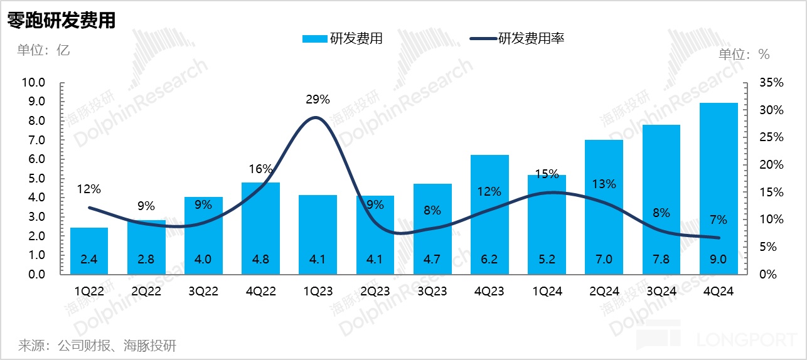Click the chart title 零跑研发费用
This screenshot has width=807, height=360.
coord(61,20)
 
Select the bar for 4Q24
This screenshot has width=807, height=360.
coord(718,188)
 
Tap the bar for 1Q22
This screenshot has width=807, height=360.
coord(89,251)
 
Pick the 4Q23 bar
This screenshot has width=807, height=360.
coord(489,213)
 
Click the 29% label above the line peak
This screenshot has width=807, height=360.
coord(318,99)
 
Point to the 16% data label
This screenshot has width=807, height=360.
coord(260,169)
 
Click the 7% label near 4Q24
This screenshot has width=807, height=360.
coord(718,220)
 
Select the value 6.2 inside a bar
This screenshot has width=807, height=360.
coord(489,259)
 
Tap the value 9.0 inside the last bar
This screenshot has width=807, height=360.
coord(718,259)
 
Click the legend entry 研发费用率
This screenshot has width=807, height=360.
coord(531,39)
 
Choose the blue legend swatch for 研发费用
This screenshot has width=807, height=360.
coord(314,39)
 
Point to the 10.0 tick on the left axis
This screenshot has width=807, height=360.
coord(33,82)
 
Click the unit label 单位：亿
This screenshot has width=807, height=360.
coord(43,50)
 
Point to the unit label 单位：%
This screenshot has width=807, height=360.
coord(744,54)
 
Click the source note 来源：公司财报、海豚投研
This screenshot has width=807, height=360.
coord(97,345)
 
